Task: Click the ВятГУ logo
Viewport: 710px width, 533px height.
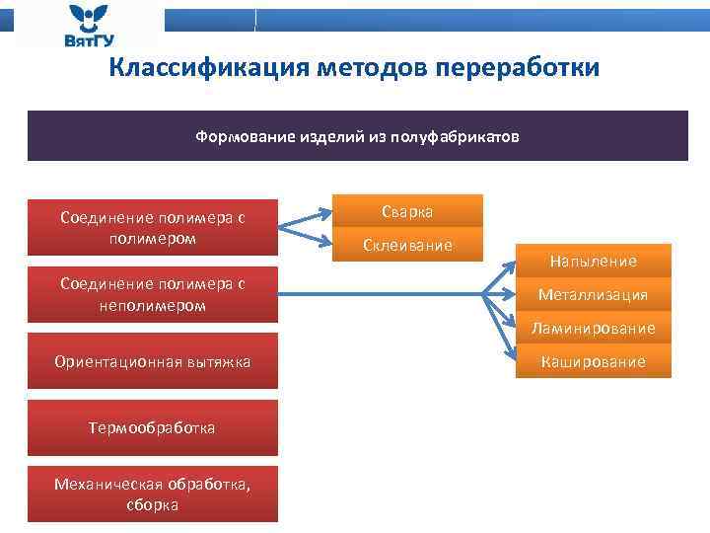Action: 90,26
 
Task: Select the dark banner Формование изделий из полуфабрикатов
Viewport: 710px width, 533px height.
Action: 357,136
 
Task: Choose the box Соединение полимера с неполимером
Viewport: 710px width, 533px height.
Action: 152,294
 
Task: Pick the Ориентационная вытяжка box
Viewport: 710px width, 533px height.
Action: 152,362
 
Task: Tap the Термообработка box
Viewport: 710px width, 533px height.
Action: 152,427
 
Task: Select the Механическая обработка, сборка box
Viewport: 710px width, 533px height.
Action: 152,494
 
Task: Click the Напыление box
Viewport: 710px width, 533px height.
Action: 593,262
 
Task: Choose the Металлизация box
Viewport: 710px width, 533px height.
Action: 593,294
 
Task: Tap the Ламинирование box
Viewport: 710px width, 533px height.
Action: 593,328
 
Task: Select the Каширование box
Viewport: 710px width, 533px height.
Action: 593,361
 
